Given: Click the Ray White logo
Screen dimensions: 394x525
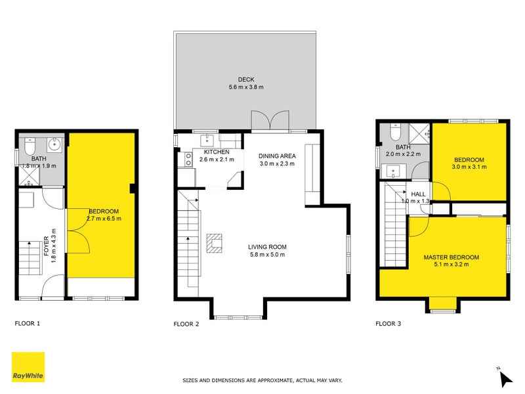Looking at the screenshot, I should click(x=28, y=367).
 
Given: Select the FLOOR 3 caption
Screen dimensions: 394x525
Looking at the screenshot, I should click(x=388, y=323).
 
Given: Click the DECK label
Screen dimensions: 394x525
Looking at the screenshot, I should click(x=245, y=79).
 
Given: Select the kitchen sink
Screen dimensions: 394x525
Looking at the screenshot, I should click(x=207, y=139).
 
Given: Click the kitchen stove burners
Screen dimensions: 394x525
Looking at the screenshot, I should click(x=188, y=158).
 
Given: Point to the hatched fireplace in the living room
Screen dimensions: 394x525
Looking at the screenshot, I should click(x=214, y=243).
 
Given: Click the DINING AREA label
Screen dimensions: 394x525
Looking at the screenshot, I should click(x=276, y=156).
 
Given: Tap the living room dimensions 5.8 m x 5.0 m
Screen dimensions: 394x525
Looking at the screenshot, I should click(x=267, y=255).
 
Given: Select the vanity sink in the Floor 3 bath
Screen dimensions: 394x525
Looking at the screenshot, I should click(x=394, y=172).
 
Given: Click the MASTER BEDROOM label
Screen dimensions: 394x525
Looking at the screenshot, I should click(x=451, y=257).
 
